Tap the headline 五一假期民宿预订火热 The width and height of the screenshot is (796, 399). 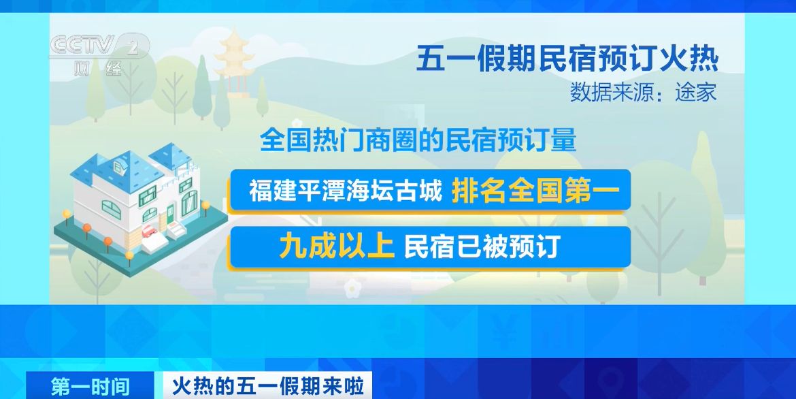pos(567,60)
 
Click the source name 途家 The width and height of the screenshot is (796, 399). pos(695,93)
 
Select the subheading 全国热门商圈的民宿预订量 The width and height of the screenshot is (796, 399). pos(418,140)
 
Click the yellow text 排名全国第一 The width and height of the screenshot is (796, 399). pos(535,191)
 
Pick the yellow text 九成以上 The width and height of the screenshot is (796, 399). pos(337,247)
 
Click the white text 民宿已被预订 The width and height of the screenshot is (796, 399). pos(481,247)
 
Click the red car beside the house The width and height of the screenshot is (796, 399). pos(149,231)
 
